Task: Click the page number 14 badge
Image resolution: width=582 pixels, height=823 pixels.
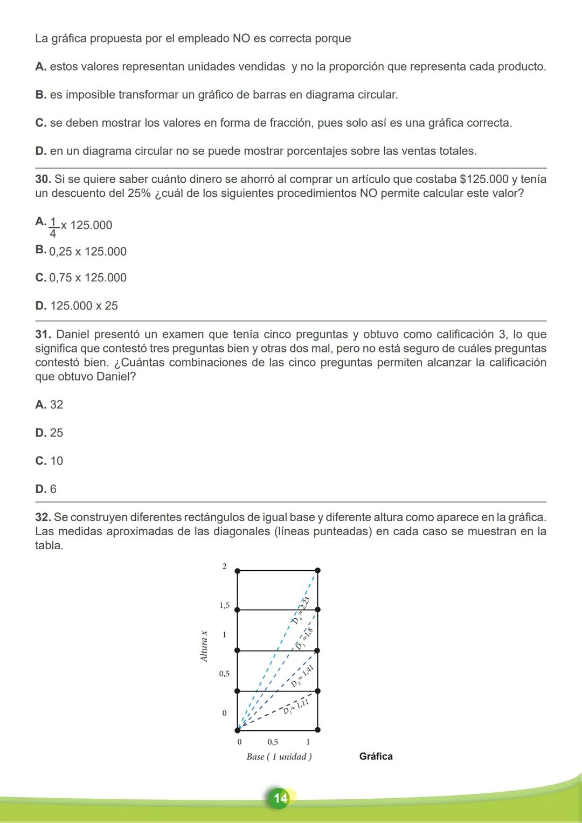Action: (280, 798)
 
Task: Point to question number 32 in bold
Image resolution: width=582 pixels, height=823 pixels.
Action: (43, 517)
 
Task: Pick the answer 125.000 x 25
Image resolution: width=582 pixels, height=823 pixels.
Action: (84, 306)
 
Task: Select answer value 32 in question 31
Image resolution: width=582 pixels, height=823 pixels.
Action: (57, 405)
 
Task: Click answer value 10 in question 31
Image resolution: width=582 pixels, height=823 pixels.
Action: (57, 461)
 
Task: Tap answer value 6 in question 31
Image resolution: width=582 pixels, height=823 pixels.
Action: (53, 489)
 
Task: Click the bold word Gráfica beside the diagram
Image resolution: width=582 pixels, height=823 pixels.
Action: (376, 757)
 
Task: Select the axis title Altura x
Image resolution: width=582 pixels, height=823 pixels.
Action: (204, 646)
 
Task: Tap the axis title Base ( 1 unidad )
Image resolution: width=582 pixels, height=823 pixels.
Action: (279, 757)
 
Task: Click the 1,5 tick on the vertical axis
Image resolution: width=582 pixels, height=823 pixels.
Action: (224, 606)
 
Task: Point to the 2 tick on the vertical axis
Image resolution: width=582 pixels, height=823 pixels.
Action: (225, 566)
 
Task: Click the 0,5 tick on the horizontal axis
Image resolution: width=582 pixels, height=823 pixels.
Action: (273, 742)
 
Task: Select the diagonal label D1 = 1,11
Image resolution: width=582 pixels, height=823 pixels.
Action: (296, 706)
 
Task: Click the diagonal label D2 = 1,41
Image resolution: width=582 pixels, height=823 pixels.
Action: (302, 676)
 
